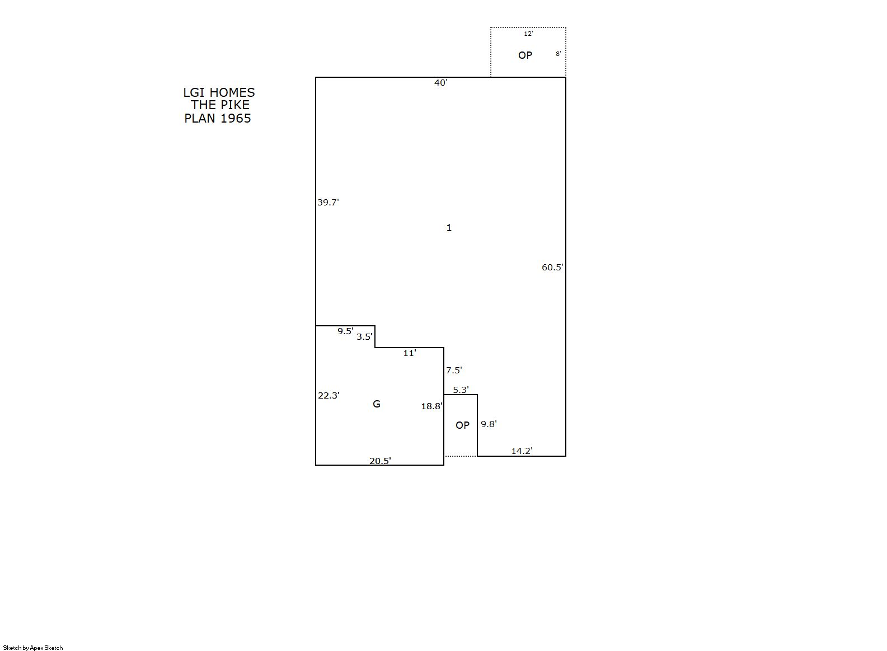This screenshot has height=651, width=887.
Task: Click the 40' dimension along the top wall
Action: click(441, 83)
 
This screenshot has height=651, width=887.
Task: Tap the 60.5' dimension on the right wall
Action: click(552, 268)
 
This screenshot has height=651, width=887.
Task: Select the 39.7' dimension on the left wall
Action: click(328, 202)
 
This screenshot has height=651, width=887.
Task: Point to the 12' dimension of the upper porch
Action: click(528, 34)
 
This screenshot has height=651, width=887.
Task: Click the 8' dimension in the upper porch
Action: click(559, 54)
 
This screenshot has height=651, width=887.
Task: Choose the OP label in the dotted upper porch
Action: click(525, 55)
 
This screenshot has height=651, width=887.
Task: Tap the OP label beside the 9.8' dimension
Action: click(462, 425)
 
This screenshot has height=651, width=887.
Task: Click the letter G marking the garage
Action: click(377, 404)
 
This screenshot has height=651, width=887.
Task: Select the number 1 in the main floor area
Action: click(449, 228)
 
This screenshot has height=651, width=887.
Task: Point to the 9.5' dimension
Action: click(345, 331)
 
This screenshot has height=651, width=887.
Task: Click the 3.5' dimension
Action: click(364, 336)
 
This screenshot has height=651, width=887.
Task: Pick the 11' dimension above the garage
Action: click(410, 353)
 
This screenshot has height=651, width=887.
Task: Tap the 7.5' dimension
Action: click(454, 370)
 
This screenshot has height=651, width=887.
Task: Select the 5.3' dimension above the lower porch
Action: click(461, 390)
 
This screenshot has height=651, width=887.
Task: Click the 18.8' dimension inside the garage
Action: click(431, 406)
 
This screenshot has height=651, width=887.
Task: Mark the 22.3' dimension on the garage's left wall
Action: click(328, 396)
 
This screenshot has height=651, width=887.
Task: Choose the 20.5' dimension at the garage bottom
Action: click(380, 461)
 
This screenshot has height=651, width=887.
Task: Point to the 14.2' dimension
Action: click(522, 451)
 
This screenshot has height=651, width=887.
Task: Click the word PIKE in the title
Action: click(234, 105)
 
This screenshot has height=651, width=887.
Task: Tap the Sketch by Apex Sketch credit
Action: click(33, 648)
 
